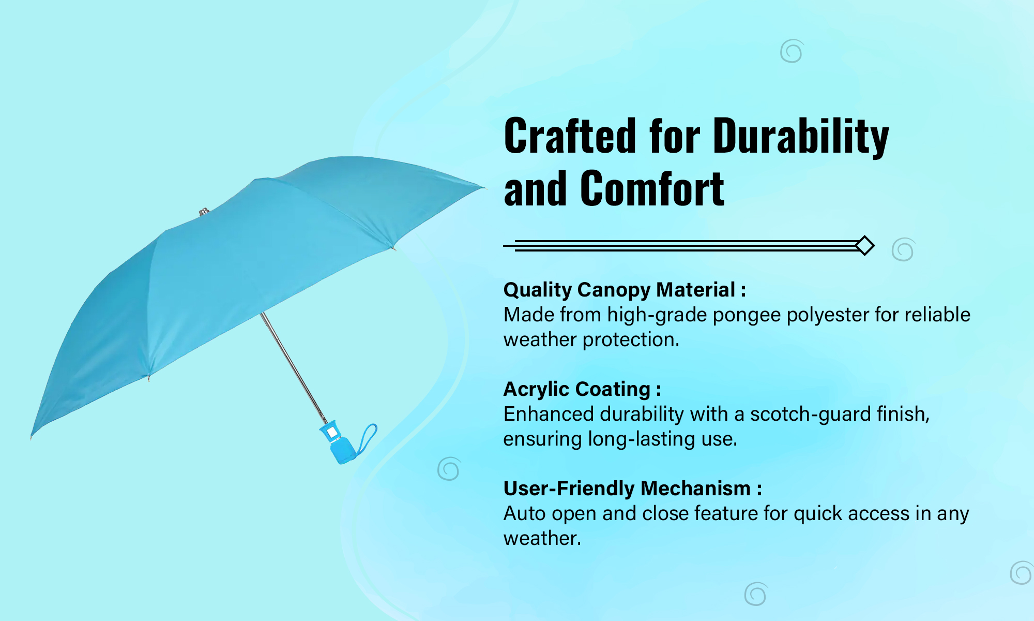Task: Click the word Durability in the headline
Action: pos(801,137)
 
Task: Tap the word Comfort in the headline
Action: pos(652,189)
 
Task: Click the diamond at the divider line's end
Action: pos(865,245)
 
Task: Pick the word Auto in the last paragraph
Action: pos(525,514)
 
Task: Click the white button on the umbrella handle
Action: pos(332,432)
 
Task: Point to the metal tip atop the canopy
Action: pos(204,212)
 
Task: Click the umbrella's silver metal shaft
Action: pos(293,368)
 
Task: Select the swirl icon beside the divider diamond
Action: pos(903,249)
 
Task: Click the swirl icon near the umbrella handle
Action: pos(449,469)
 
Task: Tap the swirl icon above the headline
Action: pos(792,51)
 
